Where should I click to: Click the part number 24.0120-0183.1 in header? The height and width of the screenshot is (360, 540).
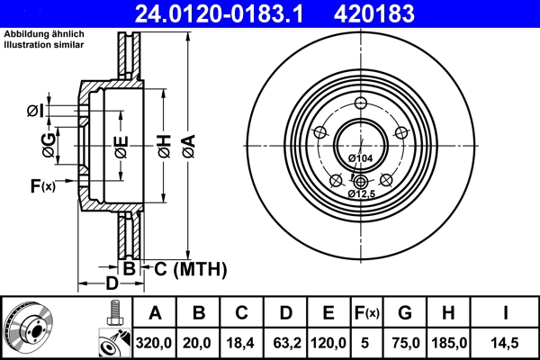pyautogui.click(x=231, y=13)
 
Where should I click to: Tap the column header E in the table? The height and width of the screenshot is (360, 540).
pyautogui.click(x=328, y=313)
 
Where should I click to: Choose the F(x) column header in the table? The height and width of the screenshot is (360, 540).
pyautogui.click(x=367, y=313)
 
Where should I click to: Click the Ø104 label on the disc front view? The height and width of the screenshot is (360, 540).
pyautogui.click(x=360, y=158)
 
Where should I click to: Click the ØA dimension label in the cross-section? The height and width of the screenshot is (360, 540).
pyautogui.click(x=188, y=142)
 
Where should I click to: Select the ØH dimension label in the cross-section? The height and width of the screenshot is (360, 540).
pyautogui.click(x=165, y=142)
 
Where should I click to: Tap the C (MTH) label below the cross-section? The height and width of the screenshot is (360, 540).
pyautogui.click(x=185, y=269)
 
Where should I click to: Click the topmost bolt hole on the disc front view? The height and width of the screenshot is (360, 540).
pyautogui.click(x=360, y=102)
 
